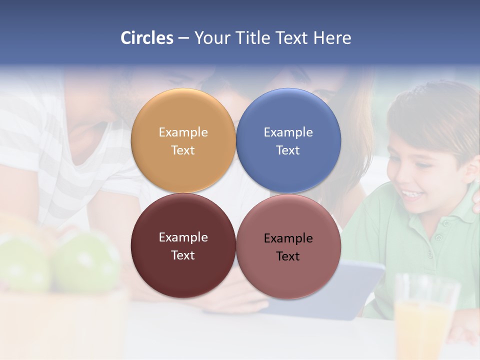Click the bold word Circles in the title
coord(147,38)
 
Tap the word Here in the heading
coord(332,38)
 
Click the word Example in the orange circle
coord(183,132)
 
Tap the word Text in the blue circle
coord(288,150)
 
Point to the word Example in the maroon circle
coord(183,237)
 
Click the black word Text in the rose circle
coord(288,256)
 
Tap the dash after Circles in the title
coord(183,38)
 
